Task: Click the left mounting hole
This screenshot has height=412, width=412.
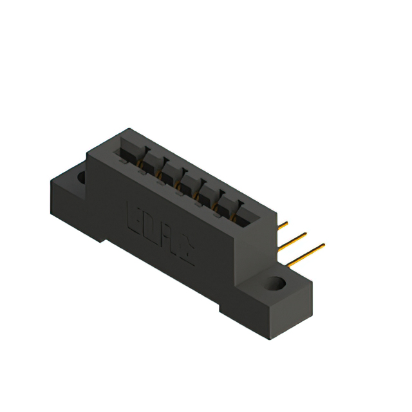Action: click(x=81, y=176)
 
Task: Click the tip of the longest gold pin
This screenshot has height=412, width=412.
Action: click(x=323, y=245)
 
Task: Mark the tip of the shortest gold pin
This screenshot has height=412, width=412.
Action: click(x=287, y=223)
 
